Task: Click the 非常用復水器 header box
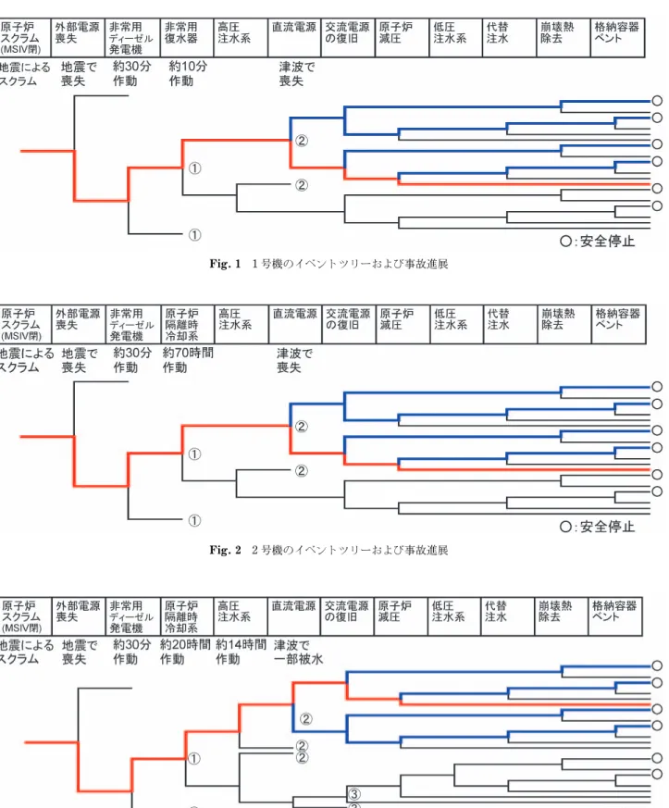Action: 187,38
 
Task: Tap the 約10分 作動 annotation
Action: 188,74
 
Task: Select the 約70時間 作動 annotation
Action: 188,360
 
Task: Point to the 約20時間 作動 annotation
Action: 185,652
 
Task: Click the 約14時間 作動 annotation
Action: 241,652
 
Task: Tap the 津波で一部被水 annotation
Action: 298,652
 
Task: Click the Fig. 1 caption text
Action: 328,264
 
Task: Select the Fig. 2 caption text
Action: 328,550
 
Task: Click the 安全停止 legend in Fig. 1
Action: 598,242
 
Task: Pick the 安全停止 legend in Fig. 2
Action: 598,527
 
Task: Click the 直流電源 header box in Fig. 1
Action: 294,38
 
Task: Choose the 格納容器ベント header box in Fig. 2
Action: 618,325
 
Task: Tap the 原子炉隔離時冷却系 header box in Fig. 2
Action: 188,325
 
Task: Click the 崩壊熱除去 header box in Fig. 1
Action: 563,38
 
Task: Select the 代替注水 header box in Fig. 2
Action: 511,325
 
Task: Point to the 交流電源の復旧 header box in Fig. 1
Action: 348,38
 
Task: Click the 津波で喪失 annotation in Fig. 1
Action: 297,74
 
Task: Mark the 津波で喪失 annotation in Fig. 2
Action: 294,360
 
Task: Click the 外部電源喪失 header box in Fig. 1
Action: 78,38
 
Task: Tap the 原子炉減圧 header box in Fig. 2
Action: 403,325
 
